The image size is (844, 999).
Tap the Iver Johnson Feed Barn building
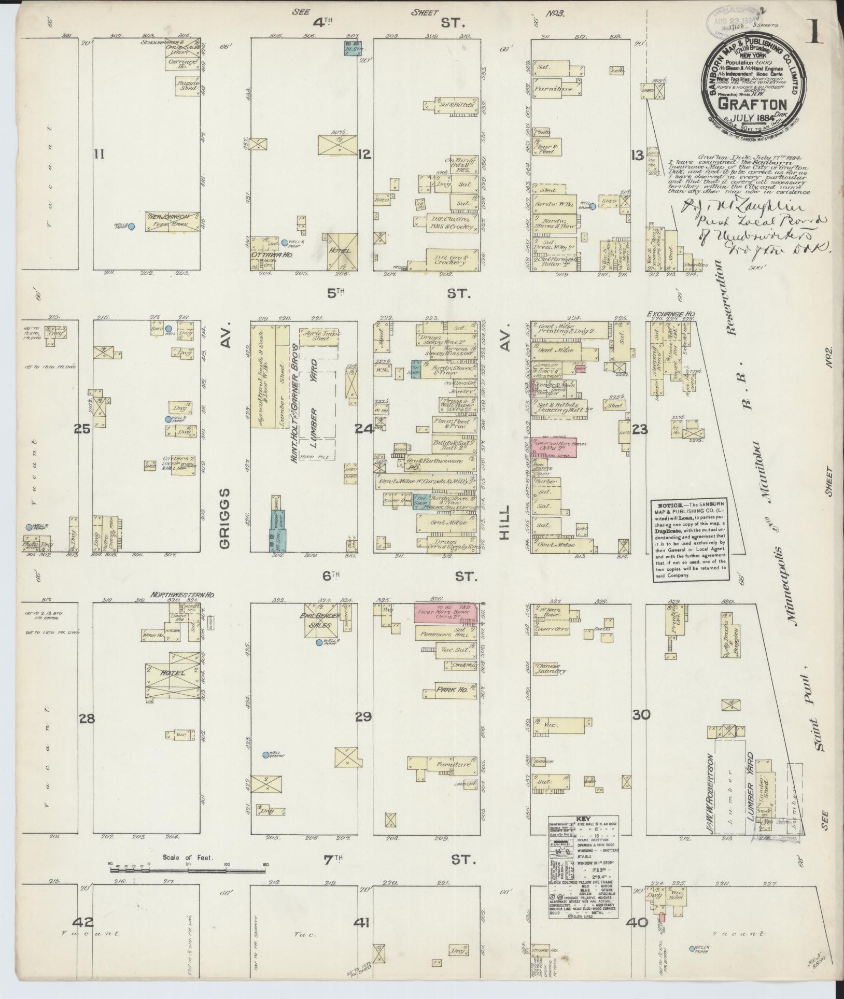173,221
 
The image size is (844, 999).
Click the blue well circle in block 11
132,227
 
